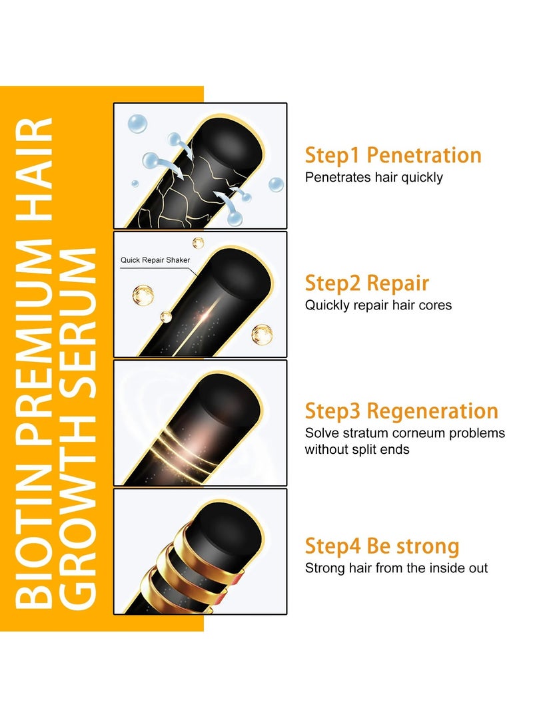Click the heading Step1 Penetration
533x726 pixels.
tap(393, 155)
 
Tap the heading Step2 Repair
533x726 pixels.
tap(367, 283)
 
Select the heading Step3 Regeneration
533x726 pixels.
tap(402, 411)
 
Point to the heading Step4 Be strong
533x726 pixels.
tap(382, 546)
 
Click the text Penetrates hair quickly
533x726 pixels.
tap(374, 178)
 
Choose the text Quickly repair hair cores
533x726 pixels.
tap(378, 305)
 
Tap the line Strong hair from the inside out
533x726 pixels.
tap(396, 568)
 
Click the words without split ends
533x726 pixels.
tap(357, 449)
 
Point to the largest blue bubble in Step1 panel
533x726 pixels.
tap(138, 124)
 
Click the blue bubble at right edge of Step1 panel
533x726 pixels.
tap(276, 184)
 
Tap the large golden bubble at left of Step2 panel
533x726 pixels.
tap(143, 293)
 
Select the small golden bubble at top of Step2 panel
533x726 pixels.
tap(198, 243)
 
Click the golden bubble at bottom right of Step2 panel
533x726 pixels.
tap(262, 334)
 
